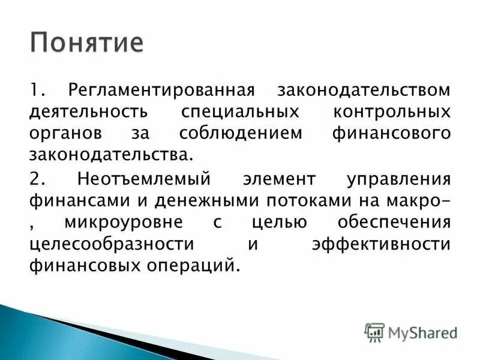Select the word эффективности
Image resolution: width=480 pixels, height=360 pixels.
pyautogui.click(x=380, y=244)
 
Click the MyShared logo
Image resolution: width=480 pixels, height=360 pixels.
pyautogui.click(x=411, y=332)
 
